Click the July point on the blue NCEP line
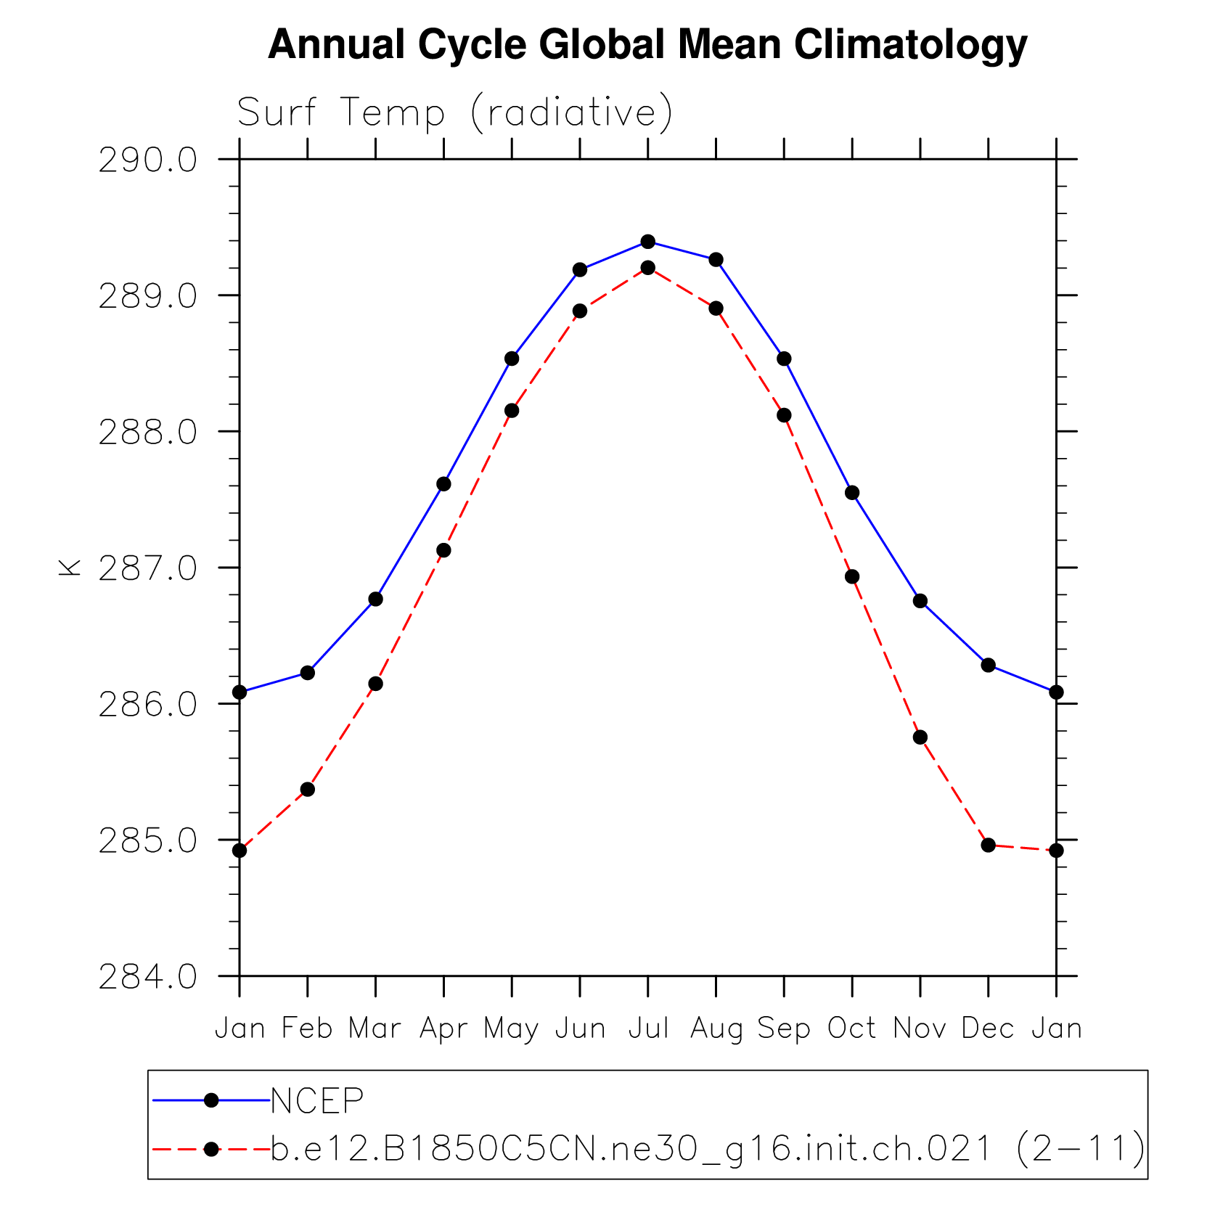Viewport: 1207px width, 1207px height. coord(647,242)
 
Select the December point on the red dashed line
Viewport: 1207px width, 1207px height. coord(988,845)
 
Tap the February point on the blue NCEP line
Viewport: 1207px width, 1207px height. coord(307,673)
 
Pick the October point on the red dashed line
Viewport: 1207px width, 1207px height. coord(852,577)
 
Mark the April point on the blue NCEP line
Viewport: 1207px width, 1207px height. coord(443,484)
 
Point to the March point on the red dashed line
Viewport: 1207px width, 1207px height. coord(375,684)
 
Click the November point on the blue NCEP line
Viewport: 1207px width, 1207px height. coord(920,601)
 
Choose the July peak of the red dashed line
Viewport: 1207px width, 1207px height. coord(647,268)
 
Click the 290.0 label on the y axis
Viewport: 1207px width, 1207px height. coord(147,160)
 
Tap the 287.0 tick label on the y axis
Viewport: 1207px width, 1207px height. coord(147,569)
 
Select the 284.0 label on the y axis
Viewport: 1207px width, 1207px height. coord(147,978)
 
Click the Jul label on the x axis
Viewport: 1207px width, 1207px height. coord(648,1028)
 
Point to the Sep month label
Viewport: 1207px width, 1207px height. coord(784,1028)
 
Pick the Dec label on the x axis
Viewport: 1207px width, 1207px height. coord(988,1028)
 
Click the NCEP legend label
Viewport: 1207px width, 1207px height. coord(316,1101)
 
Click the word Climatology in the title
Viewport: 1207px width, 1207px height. coord(910,45)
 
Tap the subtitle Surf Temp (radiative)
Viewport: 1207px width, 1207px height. coord(455,112)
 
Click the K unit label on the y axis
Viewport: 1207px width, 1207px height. coord(70,568)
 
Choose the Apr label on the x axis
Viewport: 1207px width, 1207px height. coord(443,1028)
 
